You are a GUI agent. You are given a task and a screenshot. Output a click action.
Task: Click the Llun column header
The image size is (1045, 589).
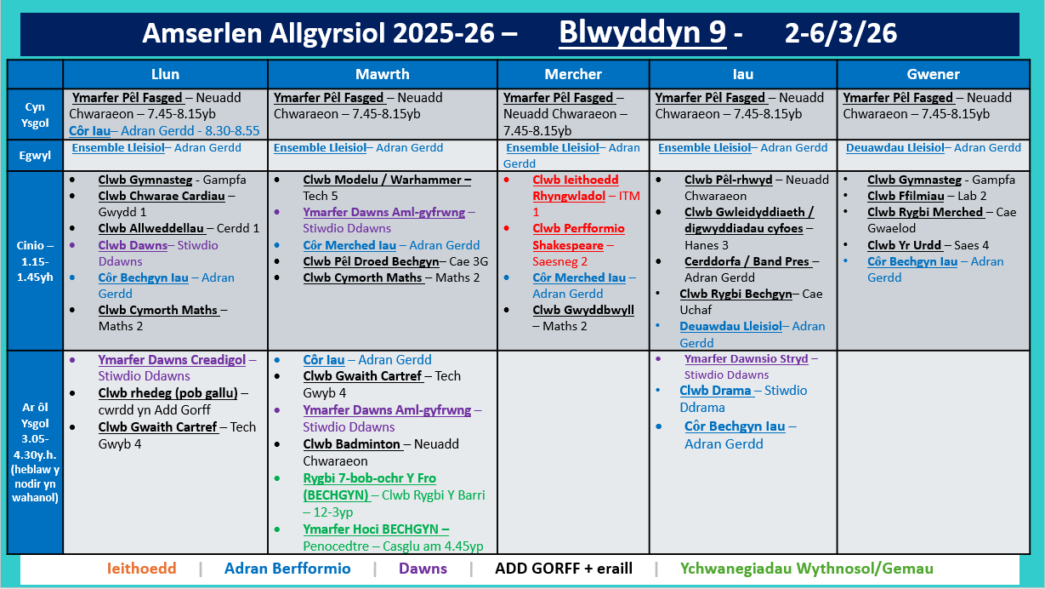point(165,74)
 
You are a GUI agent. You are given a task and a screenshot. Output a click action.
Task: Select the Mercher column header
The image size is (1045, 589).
point(573,74)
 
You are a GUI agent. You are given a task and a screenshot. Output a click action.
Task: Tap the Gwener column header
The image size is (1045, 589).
point(933,74)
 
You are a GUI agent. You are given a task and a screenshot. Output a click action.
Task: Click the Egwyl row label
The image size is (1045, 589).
point(35,156)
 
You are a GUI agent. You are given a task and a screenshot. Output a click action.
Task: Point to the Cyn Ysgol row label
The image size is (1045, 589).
point(35,114)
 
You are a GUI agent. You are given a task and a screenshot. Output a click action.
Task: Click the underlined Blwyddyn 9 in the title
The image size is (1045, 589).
point(642,33)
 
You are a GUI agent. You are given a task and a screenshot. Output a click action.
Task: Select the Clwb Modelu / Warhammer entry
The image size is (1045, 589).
point(387,180)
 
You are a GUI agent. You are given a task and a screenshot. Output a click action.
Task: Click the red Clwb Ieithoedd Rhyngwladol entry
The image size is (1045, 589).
point(576,188)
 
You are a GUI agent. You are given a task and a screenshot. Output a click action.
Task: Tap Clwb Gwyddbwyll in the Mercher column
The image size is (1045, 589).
point(583,310)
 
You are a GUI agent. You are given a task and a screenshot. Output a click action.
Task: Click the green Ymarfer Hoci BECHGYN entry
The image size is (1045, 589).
point(376,529)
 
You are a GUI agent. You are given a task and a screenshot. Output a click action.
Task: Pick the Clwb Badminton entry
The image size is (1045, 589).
point(352,443)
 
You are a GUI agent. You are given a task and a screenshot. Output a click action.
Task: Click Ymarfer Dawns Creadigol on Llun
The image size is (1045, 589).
point(172,359)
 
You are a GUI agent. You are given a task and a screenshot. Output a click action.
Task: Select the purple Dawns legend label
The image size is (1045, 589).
point(423,569)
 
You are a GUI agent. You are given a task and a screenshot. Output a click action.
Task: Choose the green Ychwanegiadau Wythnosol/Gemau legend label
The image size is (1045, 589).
point(806,569)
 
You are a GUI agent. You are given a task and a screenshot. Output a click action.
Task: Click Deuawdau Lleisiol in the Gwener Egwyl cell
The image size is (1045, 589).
point(894,147)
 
